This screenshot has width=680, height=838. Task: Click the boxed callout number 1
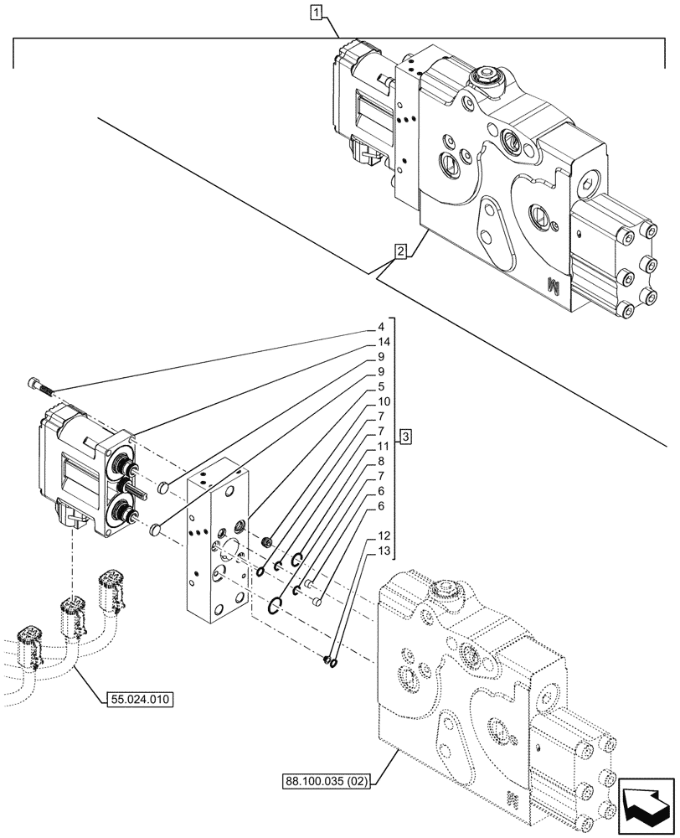click(x=315, y=13)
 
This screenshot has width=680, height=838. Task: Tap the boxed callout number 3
click(x=404, y=436)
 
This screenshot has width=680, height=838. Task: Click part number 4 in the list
click(x=380, y=327)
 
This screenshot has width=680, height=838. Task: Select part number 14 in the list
click(x=383, y=342)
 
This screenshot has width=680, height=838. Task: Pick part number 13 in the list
click(x=383, y=550)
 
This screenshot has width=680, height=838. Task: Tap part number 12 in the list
click(x=383, y=535)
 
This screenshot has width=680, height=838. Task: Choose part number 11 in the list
click(x=383, y=446)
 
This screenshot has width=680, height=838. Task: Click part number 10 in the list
click(x=383, y=401)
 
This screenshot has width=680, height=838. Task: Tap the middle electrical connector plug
click(x=72, y=614)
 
